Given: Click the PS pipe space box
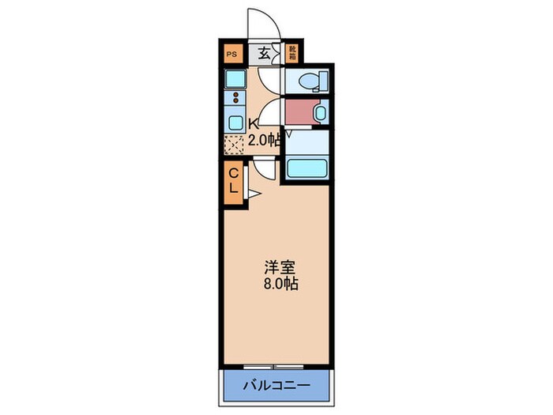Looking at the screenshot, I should click(231, 54).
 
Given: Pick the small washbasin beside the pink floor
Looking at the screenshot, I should click(319, 112).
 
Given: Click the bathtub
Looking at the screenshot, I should click(305, 168).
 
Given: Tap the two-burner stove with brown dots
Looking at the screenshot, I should click(235, 100).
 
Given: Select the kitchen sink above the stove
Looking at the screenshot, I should click(235, 79).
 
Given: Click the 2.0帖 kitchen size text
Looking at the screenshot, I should click(264, 141).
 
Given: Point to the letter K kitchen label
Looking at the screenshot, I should click(254, 123).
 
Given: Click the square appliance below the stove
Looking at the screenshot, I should click(235, 123).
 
